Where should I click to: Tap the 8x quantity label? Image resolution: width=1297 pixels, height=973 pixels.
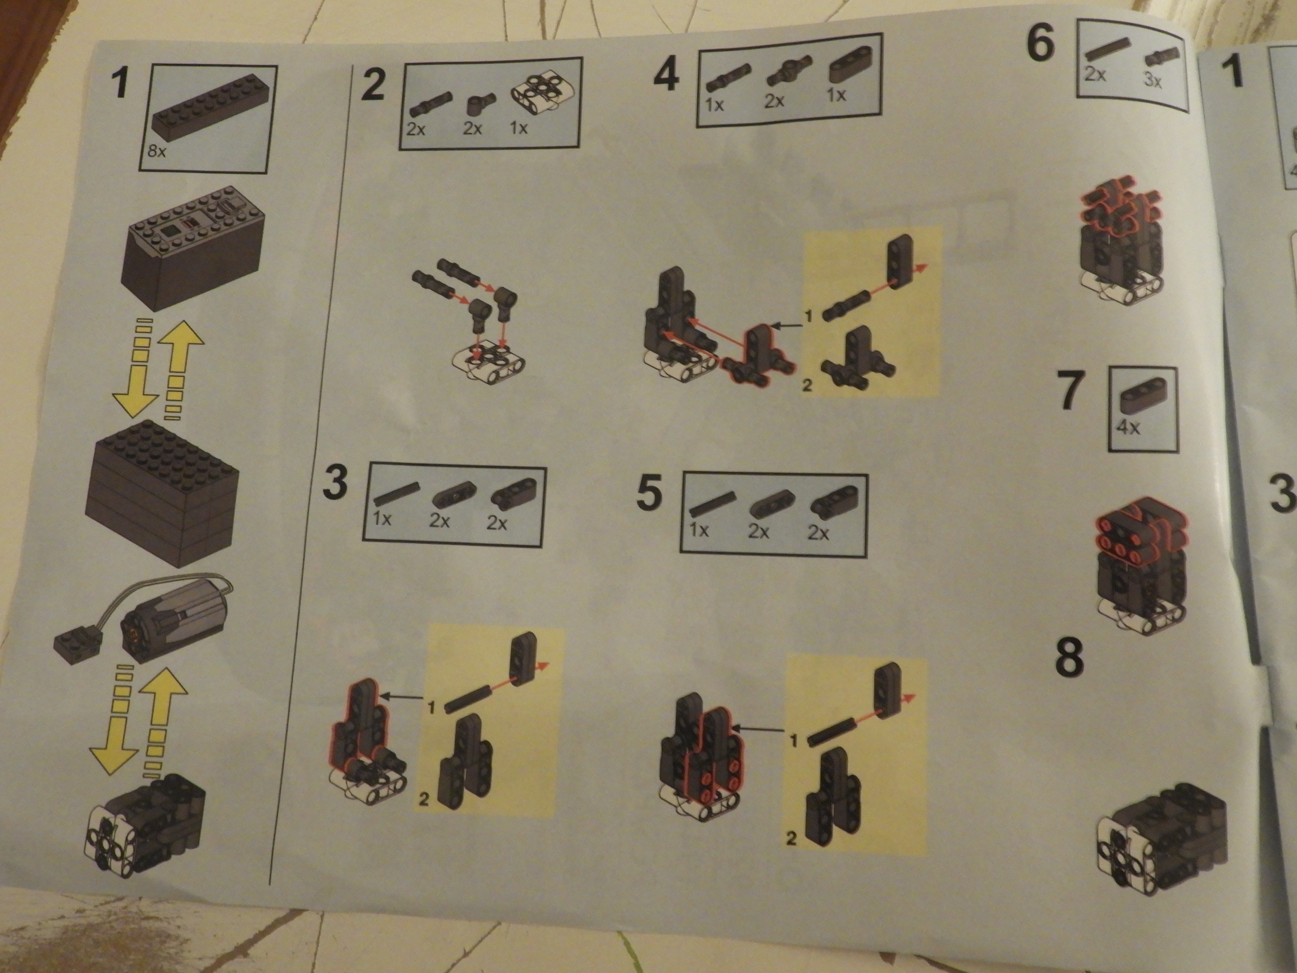157,152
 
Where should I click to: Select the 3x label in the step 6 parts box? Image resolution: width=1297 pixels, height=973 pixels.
1153,80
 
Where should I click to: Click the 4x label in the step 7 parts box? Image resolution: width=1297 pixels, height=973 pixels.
1128,427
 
